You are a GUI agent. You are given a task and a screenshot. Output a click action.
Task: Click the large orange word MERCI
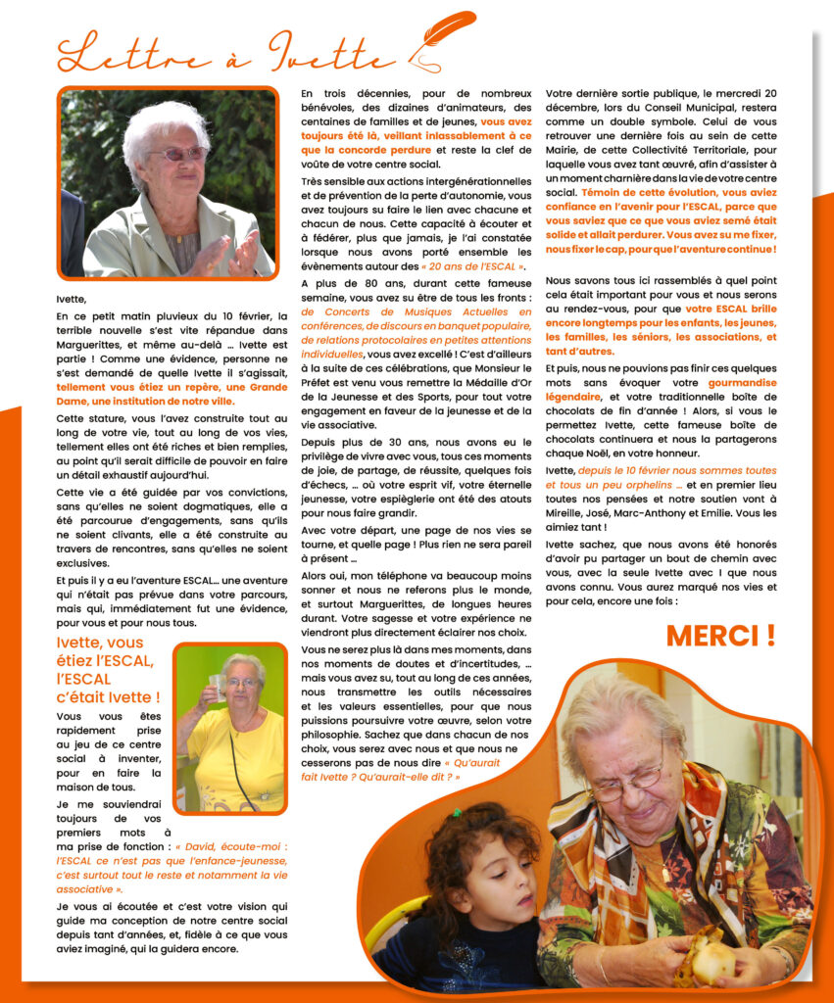tap(720, 635)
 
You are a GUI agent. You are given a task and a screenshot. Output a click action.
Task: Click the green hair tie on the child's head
tap(456, 812)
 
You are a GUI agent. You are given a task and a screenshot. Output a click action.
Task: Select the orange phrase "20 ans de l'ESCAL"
tap(473, 266)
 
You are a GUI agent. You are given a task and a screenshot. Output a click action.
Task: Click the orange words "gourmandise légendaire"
tap(721, 383)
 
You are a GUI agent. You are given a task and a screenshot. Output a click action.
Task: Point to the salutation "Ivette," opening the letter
tap(72, 299)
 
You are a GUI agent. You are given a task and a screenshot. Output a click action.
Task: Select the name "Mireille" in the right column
tap(570, 512)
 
